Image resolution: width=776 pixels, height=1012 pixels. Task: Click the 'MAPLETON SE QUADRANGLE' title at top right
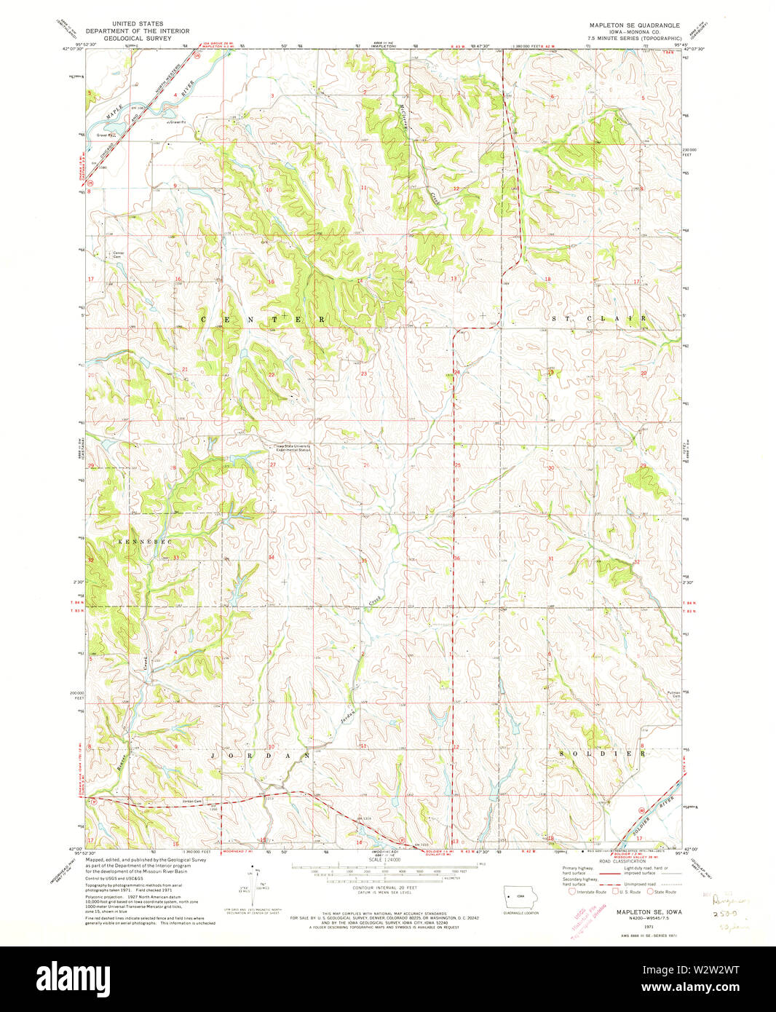pos(634,25)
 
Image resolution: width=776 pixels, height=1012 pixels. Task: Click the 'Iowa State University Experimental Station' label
pos(291,448)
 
